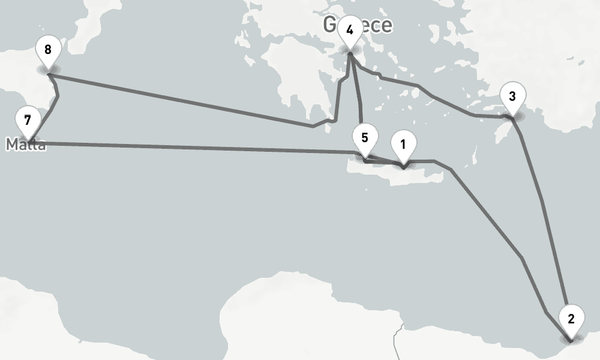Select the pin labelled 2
coord(571,319)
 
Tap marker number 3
coord(512,97)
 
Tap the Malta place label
coord(26,145)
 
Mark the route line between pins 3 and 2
coord(543,204)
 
